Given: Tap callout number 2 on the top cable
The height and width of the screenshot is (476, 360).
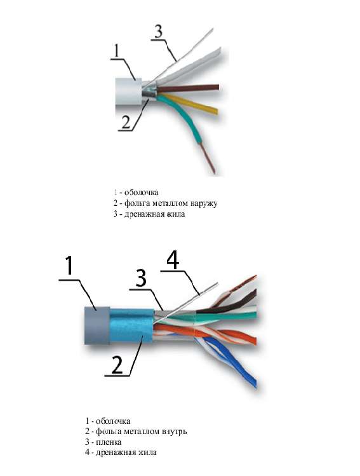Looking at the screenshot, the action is (126, 122).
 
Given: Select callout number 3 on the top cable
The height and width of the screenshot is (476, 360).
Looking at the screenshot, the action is (158, 32).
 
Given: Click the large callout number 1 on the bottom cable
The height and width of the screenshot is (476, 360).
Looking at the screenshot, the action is (70, 265).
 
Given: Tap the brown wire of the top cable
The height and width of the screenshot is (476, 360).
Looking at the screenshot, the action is (187, 88).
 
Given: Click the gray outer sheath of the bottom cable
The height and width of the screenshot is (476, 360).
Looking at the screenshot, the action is (97, 325).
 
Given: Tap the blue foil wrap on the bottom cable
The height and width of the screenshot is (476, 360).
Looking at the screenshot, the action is (131, 326).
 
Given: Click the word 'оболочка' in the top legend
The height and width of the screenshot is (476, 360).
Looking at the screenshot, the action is (142, 193).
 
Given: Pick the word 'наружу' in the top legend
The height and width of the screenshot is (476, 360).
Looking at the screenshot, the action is (204, 203).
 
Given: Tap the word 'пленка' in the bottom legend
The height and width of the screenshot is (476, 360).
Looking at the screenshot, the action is (109, 442).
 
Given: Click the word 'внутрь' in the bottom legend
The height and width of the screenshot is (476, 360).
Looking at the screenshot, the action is (175, 432).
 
